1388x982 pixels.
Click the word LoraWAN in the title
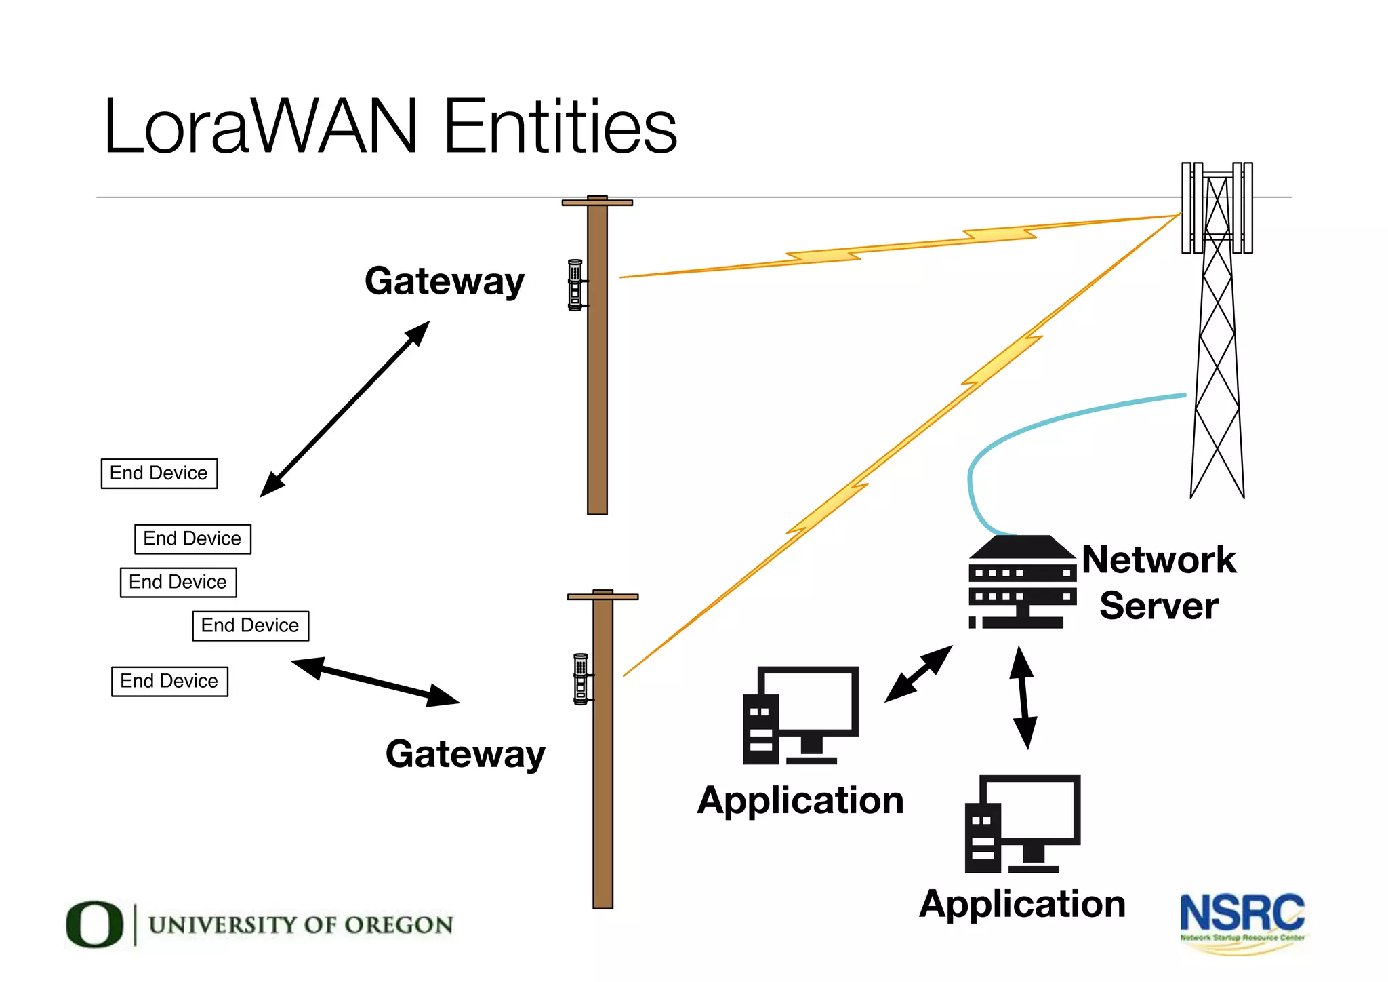click(260, 127)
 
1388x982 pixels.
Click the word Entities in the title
click(560, 127)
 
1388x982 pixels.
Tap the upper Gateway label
click(445, 281)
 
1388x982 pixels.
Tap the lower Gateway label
click(465, 754)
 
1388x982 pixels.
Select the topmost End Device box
click(159, 473)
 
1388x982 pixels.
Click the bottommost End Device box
click(169, 681)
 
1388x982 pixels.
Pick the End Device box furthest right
click(250, 625)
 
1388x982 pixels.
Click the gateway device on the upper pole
click(575, 285)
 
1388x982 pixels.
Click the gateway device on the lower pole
click(581, 679)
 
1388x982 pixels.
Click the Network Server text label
click(1159, 583)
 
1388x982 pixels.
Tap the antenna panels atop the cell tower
click(1217, 208)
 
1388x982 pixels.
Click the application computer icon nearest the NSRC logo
click(1022, 824)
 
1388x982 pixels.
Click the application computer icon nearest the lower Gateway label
click(800, 715)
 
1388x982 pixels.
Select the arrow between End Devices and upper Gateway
click(345, 409)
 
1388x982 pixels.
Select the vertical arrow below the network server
click(1023, 697)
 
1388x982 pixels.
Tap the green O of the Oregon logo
click(94, 924)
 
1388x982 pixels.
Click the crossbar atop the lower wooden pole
click(603, 597)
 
